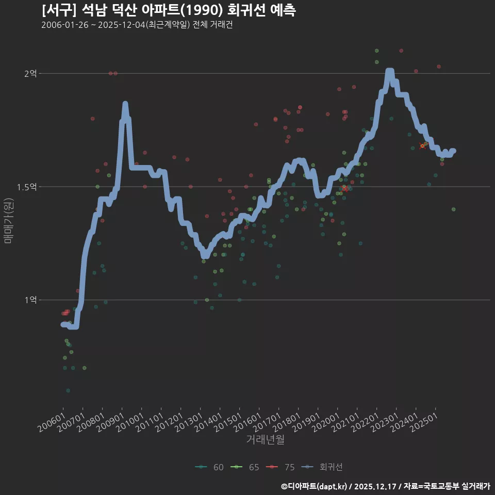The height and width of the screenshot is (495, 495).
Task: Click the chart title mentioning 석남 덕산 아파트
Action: pos(168,10)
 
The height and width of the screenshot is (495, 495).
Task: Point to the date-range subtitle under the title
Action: pos(137,25)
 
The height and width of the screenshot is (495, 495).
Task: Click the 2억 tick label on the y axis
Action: pos(31,73)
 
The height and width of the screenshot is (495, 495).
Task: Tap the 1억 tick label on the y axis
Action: pos(31,300)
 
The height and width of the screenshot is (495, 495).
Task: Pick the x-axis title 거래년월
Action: pos(265,439)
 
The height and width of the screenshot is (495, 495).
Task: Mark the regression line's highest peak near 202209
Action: pos(390,71)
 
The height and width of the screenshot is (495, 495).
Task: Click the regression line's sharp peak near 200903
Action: pos(125,104)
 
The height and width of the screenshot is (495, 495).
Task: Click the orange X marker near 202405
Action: pos(422,146)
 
